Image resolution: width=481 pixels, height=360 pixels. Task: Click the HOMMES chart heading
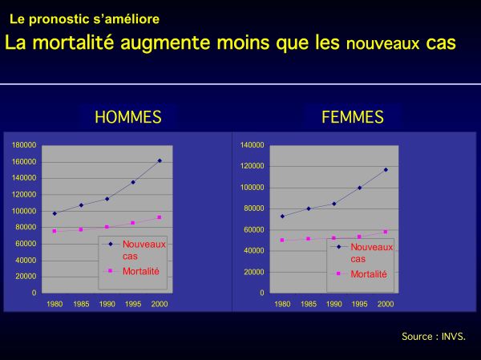point(128,117)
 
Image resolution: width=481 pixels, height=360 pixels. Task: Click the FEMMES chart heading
point(353,117)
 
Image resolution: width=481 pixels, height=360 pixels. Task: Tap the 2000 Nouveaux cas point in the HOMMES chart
point(160,160)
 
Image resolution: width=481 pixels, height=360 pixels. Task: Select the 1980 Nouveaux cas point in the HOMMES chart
point(55,213)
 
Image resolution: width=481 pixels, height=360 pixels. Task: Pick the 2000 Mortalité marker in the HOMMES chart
point(160,217)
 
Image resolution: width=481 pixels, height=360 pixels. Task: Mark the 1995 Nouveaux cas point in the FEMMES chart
point(359,188)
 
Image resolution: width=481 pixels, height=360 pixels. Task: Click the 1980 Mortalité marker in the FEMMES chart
point(282,240)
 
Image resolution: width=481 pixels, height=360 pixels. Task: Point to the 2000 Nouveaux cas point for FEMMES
point(386,170)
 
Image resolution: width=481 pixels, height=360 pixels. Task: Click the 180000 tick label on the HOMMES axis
point(24,145)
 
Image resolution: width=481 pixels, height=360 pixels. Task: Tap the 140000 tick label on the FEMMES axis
point(253,145)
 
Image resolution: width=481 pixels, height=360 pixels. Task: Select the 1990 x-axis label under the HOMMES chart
point(107,304)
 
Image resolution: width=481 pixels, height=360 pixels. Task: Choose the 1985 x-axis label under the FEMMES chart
point(309,304)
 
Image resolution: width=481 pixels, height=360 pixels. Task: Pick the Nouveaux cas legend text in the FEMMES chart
point(371,253)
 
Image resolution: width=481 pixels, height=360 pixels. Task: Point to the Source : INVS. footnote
point(434,337)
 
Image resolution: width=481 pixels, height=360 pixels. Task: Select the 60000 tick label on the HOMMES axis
point(26,244)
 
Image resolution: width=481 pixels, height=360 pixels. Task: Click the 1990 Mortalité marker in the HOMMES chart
point(107,227)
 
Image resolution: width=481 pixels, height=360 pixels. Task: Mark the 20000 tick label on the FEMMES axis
point(254,272)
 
